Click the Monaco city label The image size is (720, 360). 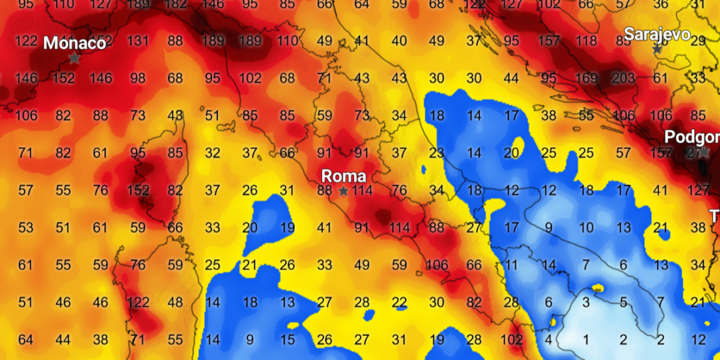(75, 43)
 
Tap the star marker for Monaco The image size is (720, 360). (74, 58)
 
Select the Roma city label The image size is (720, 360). (343, 175)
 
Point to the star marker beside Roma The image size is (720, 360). (344, 191)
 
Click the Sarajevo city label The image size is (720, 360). (657, 33)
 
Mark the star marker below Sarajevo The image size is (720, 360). (657, 49)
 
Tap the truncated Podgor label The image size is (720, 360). (692, 137)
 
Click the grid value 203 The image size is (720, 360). (623, 79)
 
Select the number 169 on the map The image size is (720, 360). (586, 79)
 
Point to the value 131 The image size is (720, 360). (138, 42)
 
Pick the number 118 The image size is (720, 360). (586, 42)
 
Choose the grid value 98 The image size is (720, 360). (138, 79)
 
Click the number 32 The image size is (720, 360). (213, 153)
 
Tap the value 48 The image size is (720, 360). (176, 303)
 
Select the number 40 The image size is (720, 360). (399, 42)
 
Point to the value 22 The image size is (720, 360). (399, 303)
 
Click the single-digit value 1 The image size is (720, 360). (586, 340)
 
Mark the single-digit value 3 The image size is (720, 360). (586, 303)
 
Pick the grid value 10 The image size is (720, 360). (586, 228)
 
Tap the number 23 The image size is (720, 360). (436, 153)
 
